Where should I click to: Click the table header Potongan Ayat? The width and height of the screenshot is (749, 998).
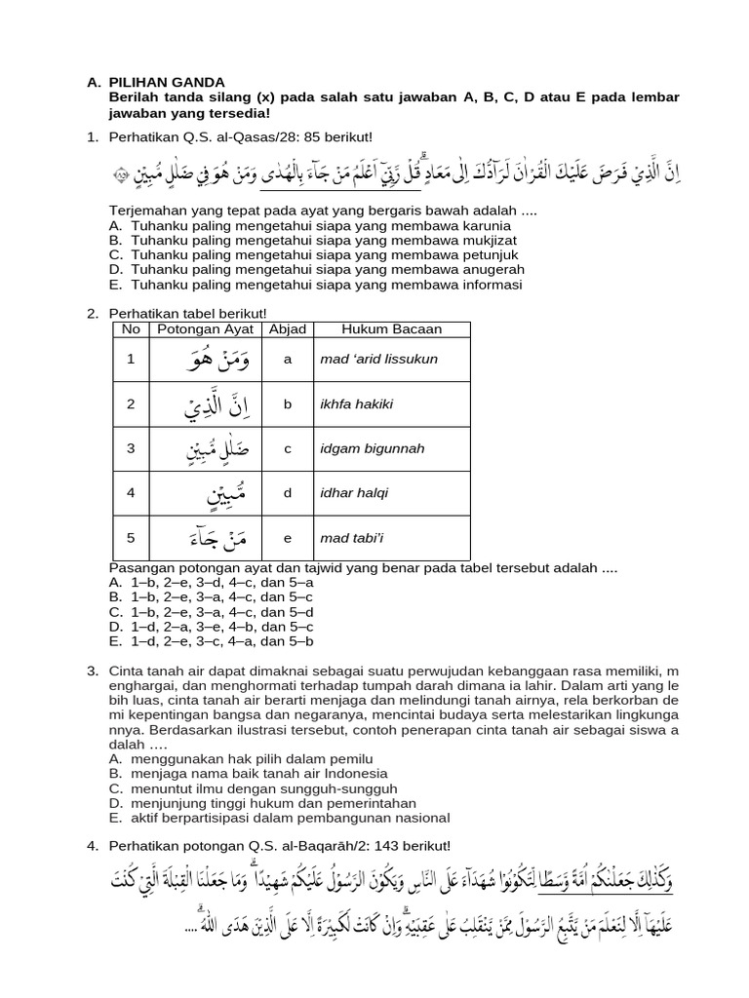point(205,329)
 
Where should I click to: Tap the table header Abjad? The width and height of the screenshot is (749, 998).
point(288,329)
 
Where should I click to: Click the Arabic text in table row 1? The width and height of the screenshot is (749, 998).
point(217,360)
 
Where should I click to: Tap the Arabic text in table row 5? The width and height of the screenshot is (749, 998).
point(217,537)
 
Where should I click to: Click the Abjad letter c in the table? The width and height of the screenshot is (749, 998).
point(288,448)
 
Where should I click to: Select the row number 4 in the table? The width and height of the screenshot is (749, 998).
point(130,493)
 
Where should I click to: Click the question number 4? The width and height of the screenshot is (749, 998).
point(93,845)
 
